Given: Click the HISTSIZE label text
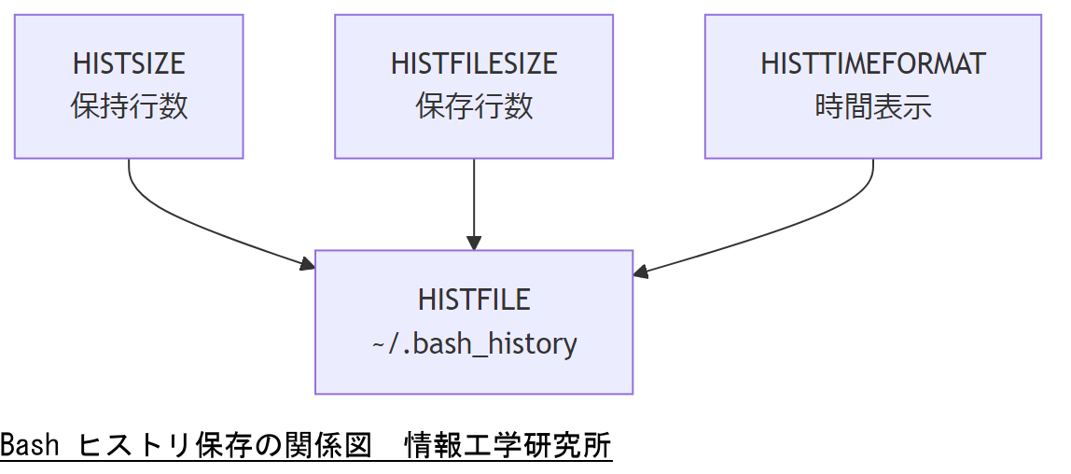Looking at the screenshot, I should pyautogui.click(x=129, y=63).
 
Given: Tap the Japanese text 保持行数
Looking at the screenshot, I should pyautogui.click(x=129, y=106).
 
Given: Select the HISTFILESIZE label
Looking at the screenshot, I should pyautogui.click(x=474, y=63).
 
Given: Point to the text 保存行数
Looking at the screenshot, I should pyautogui.click(x=474, y=106).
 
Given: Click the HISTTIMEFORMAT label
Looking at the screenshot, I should pyautogui.click(x=873, y=63).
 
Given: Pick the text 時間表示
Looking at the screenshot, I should pyautogui.click(x=873, y=106).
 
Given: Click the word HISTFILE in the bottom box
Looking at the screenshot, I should pyautogui.click(x=474, y=300).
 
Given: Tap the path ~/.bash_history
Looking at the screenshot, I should pyautogui.click(x=474, y=343).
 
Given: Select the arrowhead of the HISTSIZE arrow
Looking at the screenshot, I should pyautogui.click(x=309, y=266).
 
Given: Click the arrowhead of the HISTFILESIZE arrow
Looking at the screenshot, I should pyautogui.click(x=474, y=243).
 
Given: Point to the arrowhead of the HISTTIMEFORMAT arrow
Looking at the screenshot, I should pyautogui.click(x=641, y=272).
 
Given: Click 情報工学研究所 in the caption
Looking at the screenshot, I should pyautogui.click(x=508, y=446).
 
